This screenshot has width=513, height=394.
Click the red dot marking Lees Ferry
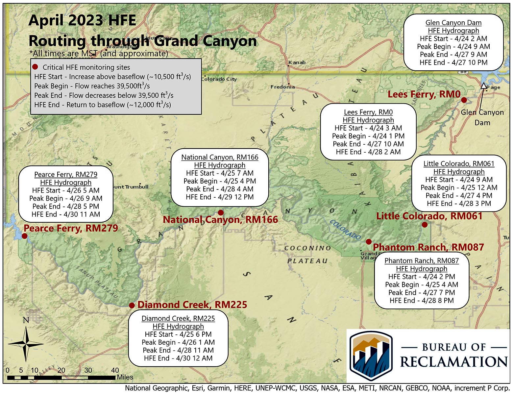464,100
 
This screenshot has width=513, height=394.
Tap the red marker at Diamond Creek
132,305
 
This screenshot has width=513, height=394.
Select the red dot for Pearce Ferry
24,236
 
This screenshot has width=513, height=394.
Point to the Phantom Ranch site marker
369,242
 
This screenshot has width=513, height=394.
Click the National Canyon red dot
221,213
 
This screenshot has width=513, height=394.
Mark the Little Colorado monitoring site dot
425,225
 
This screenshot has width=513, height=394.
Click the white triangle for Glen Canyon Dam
483,86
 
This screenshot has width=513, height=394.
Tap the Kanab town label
297,62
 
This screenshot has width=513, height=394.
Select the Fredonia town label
282,87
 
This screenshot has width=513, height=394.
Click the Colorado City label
219,79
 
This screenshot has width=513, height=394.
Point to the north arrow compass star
26,344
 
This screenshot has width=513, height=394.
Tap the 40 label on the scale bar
115,370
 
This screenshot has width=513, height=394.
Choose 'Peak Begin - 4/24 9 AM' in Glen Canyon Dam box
453,47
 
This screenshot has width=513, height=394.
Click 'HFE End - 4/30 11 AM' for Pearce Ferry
66,214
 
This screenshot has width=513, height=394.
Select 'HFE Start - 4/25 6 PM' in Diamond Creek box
178,334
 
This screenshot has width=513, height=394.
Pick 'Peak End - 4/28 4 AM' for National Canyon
220,189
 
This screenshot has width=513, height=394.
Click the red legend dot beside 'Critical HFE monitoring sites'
35,67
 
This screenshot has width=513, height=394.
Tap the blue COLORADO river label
345,229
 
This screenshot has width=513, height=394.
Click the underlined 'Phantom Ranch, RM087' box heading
422,261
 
